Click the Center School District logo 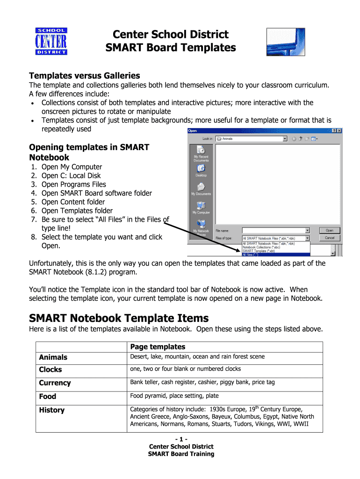(51, 41)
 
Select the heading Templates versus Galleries (84, 75)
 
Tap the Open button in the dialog (329, 230)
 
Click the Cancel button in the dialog (329, 238)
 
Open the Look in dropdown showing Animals (251, 138)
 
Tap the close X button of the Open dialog (339, 131)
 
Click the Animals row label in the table (53, 357)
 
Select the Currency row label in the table (55, 383)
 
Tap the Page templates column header (158, 347)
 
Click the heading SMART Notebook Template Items (119, 318)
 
